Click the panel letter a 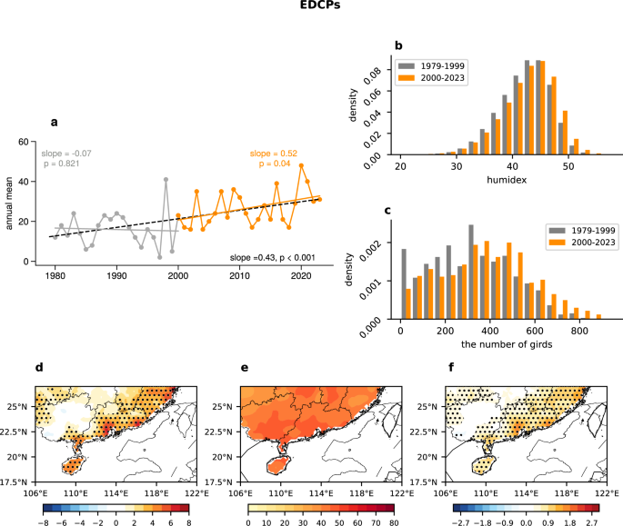tap(55, 122)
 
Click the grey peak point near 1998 tap(166, 179)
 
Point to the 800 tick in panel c tap(582, 332)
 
